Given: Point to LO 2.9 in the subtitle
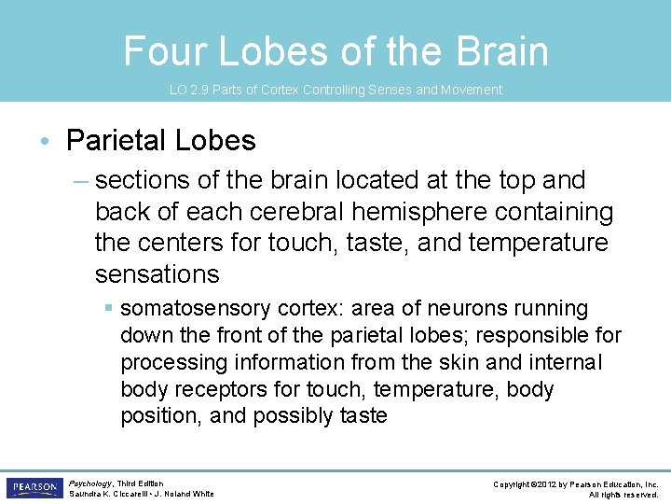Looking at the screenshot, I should point(187,91).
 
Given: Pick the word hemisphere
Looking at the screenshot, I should point(408,212).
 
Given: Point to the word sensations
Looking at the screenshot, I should point(157,274).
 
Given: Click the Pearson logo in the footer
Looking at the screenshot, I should point(34,488).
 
